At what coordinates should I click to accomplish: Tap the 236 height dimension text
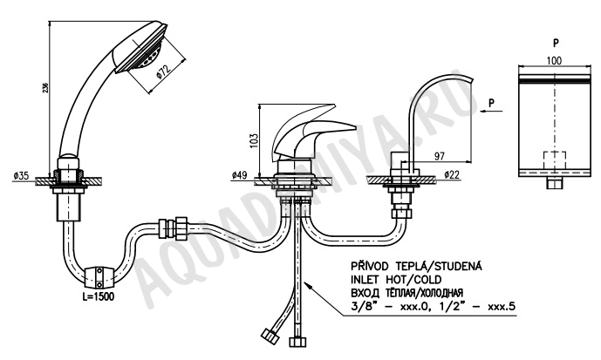click(46, 87)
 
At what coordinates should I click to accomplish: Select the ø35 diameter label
click(21, 176)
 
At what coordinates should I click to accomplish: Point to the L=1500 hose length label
click(98, 296)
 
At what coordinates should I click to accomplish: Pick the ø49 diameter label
click(239, 176)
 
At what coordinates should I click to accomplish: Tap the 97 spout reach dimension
click(440, 156)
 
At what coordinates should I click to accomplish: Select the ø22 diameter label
click(453, 175)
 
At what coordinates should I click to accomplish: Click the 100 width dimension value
click(554, 60)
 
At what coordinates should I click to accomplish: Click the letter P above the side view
click(556, 43)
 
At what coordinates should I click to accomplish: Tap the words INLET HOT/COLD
click(396, 280)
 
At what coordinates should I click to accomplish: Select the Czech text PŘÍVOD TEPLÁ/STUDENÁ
click(417, 266)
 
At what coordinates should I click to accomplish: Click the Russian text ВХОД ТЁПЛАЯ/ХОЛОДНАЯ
click(407, 293)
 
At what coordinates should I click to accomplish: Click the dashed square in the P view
click(555, 161)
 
